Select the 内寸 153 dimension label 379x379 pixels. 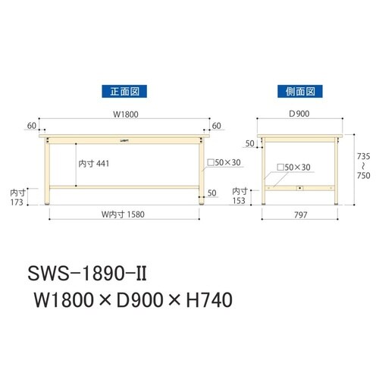[240, 196]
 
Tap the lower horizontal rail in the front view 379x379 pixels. [125, 186]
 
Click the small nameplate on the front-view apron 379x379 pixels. [124, 139]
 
